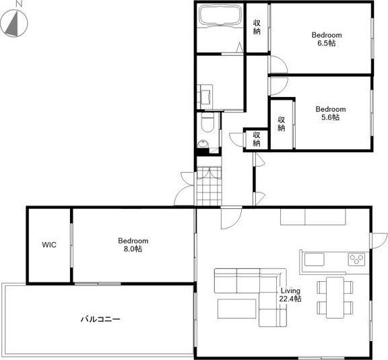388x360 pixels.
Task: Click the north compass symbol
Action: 14,24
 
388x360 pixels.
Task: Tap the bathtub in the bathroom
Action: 220,15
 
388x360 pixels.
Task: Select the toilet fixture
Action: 207,123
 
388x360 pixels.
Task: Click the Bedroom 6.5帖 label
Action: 327,39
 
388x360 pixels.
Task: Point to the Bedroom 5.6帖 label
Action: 331,113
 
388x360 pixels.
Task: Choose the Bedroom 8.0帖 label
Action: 133,245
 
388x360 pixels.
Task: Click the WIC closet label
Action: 49,245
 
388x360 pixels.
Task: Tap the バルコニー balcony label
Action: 100,319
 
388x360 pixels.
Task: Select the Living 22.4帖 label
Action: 290,295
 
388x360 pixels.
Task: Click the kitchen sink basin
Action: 314,260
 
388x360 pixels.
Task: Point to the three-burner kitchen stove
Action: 356,260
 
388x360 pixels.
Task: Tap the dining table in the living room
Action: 335,297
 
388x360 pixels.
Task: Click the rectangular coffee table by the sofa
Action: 237,309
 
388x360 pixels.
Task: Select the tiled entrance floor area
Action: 209,186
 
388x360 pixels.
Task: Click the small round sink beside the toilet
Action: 203,144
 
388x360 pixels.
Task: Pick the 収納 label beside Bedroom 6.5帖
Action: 257,27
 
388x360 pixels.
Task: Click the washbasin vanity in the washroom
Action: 205,96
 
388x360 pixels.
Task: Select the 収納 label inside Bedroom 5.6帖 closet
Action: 282,124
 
